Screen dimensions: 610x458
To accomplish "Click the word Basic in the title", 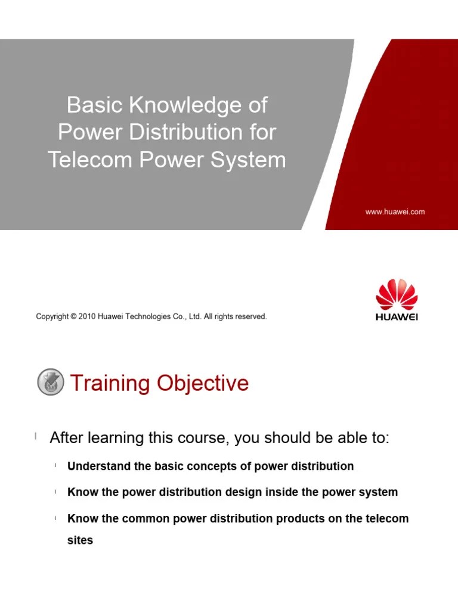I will pos(89,105).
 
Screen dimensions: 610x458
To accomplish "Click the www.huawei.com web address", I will pos(395,211).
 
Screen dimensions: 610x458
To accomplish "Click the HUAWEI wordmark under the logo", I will pos(397,317).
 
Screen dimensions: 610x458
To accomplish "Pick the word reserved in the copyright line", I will pos(251,317).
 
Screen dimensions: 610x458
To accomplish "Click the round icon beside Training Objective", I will pos(51,382).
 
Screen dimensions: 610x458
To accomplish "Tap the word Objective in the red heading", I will pos(203,383).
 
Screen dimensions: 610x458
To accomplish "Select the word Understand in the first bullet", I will pos(100,466).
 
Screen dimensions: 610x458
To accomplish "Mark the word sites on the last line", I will pos(80,541).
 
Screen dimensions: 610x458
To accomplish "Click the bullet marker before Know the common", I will pos(55,519).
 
